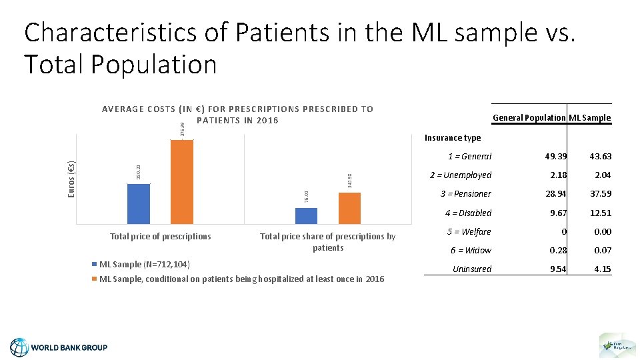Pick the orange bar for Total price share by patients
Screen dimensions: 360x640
(349, 208)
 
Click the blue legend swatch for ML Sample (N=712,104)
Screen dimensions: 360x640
(95, 265)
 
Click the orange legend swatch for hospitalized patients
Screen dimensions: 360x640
(95, 279)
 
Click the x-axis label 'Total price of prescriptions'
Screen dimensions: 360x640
(161, 236)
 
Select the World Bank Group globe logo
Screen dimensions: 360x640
(20, 347)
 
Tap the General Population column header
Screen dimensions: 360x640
(529, 118)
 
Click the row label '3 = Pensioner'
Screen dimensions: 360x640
(465, 194)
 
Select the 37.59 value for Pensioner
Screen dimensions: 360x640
(600, 194)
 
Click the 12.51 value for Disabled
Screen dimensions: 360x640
(600, 213)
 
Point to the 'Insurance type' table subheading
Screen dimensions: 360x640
(453, 138)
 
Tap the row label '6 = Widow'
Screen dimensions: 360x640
(471, 250)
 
